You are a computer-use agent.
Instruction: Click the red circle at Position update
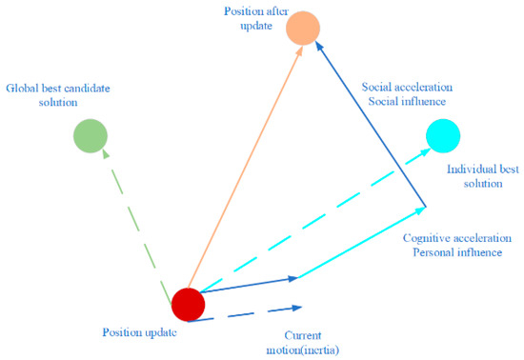(189, 305)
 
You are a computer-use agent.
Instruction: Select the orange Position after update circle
(306, 29)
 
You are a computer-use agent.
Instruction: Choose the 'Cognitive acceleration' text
(457, 238)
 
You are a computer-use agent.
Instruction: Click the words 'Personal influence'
(456, 252)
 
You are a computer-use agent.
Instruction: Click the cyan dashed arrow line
(314, 218)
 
